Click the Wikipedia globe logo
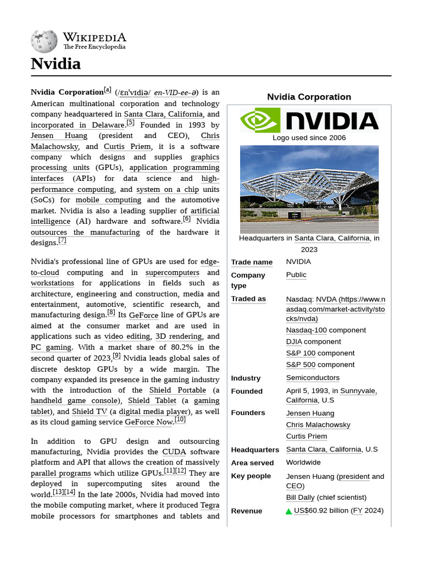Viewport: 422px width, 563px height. (x=45, y=41)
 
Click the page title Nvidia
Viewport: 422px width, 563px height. (x=56, y=64)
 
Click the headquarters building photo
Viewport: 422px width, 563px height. (x=309, y=189)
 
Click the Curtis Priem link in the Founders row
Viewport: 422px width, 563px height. (x=306, y=437)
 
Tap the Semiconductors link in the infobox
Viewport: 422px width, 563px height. (x=313, y=378)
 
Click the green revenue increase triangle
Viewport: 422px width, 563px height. (x=289, y=511)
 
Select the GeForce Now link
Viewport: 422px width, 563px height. (x=149, y=422)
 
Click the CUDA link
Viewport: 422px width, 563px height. (x=174, y=452)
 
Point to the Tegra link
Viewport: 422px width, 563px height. (x=210, y=505)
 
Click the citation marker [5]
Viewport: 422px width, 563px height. (x=130, y=123)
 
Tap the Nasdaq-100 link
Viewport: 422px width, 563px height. (x=306, y=330)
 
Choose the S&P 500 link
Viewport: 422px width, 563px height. (x=301, y=365)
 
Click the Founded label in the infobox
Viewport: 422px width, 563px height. (x=247, y=391)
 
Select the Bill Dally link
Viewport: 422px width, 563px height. (x=300, y=498)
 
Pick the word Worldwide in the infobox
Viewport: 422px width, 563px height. (x=303, y=462)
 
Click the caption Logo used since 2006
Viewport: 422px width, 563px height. (x=309, y=137)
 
